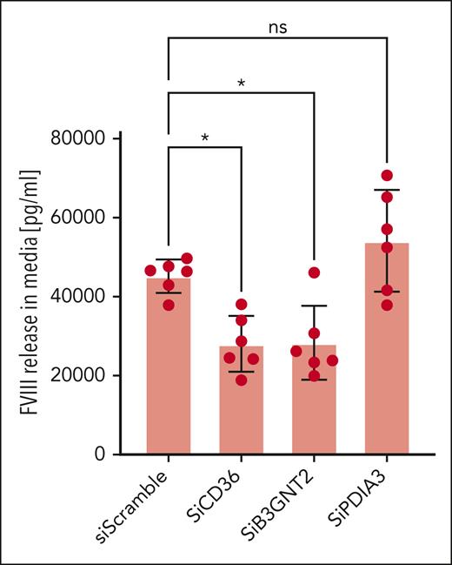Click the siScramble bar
coord(168,374)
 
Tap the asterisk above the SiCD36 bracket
coord(203,139)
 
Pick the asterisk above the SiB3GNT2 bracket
coord(240,84)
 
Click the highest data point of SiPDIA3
coord(387,176)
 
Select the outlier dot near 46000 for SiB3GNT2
coord(314,272)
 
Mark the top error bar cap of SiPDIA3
coord(387,190)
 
